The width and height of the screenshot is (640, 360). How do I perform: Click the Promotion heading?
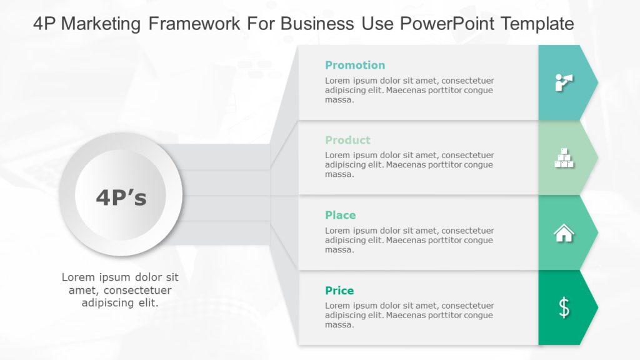tap(355, 65)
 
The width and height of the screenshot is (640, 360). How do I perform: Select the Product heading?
tap(347, 140)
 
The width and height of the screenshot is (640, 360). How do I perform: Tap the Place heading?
tap(340, 215)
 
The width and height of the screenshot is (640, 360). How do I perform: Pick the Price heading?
tap(339, 291)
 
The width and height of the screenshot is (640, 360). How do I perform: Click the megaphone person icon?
tap(564, 82)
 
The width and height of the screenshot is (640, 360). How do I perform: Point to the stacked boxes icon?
tap(564, 157)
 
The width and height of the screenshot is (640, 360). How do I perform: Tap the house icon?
tap(564, 233)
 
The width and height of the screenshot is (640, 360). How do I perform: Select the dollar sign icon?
tap(564, 307)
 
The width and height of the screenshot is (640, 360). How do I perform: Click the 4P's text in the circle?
tap(121, 197)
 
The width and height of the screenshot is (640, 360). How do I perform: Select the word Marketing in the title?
tap(102, 24)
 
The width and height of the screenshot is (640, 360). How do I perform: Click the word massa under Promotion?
tap(339, 100)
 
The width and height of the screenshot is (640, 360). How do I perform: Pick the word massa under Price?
tap(339, 325)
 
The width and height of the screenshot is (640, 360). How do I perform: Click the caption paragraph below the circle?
tap(120, 290)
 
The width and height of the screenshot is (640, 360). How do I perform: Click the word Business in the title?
tap(317, 24)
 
